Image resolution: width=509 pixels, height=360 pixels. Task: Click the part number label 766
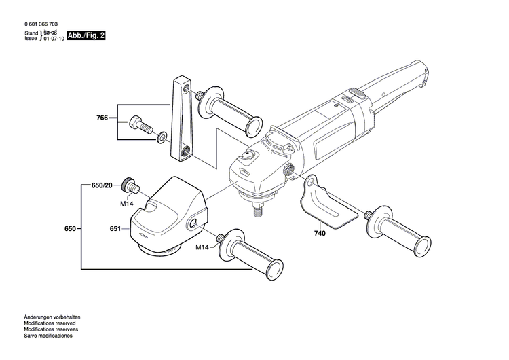point(101,118)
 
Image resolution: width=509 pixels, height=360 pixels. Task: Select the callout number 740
point(320,232)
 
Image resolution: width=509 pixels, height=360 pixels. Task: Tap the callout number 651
point(115,228)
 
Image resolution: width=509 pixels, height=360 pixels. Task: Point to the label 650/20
point(104,185)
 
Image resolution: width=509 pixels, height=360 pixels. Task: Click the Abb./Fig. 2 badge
point(87,35)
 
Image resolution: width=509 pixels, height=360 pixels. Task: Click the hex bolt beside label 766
point(139,124)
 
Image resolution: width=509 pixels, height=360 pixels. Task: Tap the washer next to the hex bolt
point(162,138)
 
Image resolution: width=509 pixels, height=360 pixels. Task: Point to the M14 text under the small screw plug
point(127,203)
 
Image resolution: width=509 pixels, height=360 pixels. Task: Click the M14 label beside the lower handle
point(202,247)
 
